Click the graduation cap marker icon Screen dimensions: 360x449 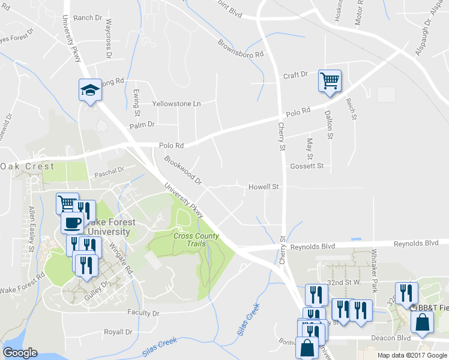(x=90, y=91)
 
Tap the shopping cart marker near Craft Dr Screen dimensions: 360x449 (x=330, y=80)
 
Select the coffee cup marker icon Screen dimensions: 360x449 (x=73, y=223)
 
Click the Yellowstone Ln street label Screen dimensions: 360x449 (x=176, y=104)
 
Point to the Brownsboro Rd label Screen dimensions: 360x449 (x=241, y=49)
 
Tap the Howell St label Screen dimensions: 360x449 (x=264, y=187)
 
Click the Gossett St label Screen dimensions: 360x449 (x=307, y=166)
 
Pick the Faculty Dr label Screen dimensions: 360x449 (x=143, y=313)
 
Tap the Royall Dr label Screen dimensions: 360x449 (x=118, y=332)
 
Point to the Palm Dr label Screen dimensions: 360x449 (x=142, y=125)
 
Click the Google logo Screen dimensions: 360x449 (x=20, y=353)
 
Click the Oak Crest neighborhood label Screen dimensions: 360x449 (x=27, y=166)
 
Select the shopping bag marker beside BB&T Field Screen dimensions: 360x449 (x=421, y=322)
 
